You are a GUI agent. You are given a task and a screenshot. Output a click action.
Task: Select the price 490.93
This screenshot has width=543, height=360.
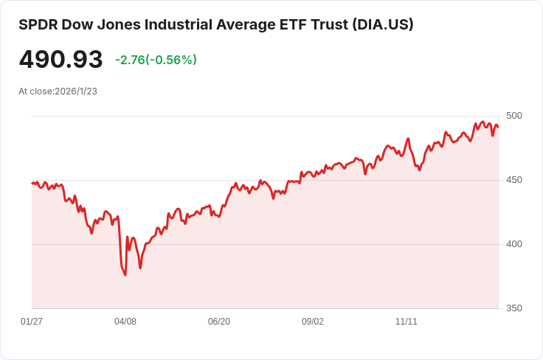[x=60, y=60]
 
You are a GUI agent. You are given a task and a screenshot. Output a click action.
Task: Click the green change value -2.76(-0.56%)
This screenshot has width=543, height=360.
[x=156, y=60]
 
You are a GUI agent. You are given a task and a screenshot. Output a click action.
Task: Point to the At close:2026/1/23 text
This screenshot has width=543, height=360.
[x=58, y=91]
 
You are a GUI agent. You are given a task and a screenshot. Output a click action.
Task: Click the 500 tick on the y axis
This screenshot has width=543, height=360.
[x=514, y=116]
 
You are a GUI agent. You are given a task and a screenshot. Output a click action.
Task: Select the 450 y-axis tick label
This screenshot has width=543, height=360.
[x=514, y=180]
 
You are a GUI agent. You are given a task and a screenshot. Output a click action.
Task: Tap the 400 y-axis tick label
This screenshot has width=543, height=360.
[x=514, y=244]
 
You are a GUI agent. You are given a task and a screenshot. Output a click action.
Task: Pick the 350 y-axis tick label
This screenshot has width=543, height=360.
[x=514, y=308]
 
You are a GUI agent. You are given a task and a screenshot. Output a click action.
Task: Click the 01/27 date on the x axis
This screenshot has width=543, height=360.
[x=32, y=322]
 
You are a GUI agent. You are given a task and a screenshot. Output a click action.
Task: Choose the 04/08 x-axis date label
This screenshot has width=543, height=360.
[x=125, y=322]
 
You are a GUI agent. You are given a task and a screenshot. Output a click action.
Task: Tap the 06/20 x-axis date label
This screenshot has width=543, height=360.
[x=219, y=322]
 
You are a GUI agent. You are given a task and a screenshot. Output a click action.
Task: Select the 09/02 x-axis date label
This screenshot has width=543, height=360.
[x=313, y=322]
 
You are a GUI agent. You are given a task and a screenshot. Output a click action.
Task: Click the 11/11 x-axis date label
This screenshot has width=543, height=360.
[x=407, y=322]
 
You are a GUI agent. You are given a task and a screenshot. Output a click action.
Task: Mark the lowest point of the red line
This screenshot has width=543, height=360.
[x=125, y=275]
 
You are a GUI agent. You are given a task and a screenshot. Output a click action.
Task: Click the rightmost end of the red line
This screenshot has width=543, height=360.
[x=498, y=127]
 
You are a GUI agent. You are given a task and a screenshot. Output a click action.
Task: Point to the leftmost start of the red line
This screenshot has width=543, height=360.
[x=32, y=183]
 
